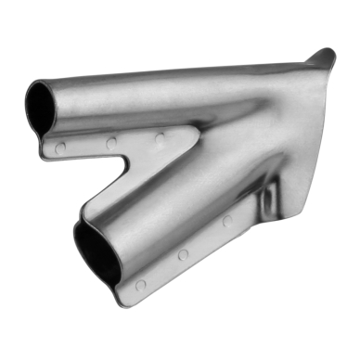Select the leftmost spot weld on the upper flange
coord(60,148)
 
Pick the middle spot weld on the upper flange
coord(110,143)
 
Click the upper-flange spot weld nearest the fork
coord(160,138)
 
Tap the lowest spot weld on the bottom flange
coord(140,285)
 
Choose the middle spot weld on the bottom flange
coord(184,253)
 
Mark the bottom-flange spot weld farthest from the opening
coord(227,221)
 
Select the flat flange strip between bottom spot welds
coord(162,270)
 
